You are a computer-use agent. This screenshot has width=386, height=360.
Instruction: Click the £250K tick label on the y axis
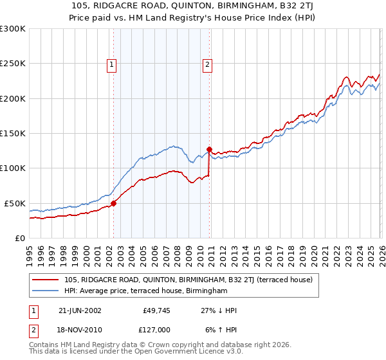click(13, 64)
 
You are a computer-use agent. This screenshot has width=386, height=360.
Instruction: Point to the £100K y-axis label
click(13, 168)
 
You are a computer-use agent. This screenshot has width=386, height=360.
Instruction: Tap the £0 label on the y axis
click(19, 238)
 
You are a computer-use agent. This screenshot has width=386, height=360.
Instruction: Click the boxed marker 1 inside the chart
click(112, 64)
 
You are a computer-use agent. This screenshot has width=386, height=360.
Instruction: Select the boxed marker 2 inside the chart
click(208, 64)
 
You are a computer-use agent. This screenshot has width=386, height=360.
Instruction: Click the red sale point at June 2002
click(114, 203)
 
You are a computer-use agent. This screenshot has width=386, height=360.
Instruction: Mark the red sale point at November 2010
click(209, 149)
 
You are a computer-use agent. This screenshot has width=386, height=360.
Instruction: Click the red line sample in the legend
click(46, 280)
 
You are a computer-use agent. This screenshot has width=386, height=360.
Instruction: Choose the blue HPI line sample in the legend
click(46, 291)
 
